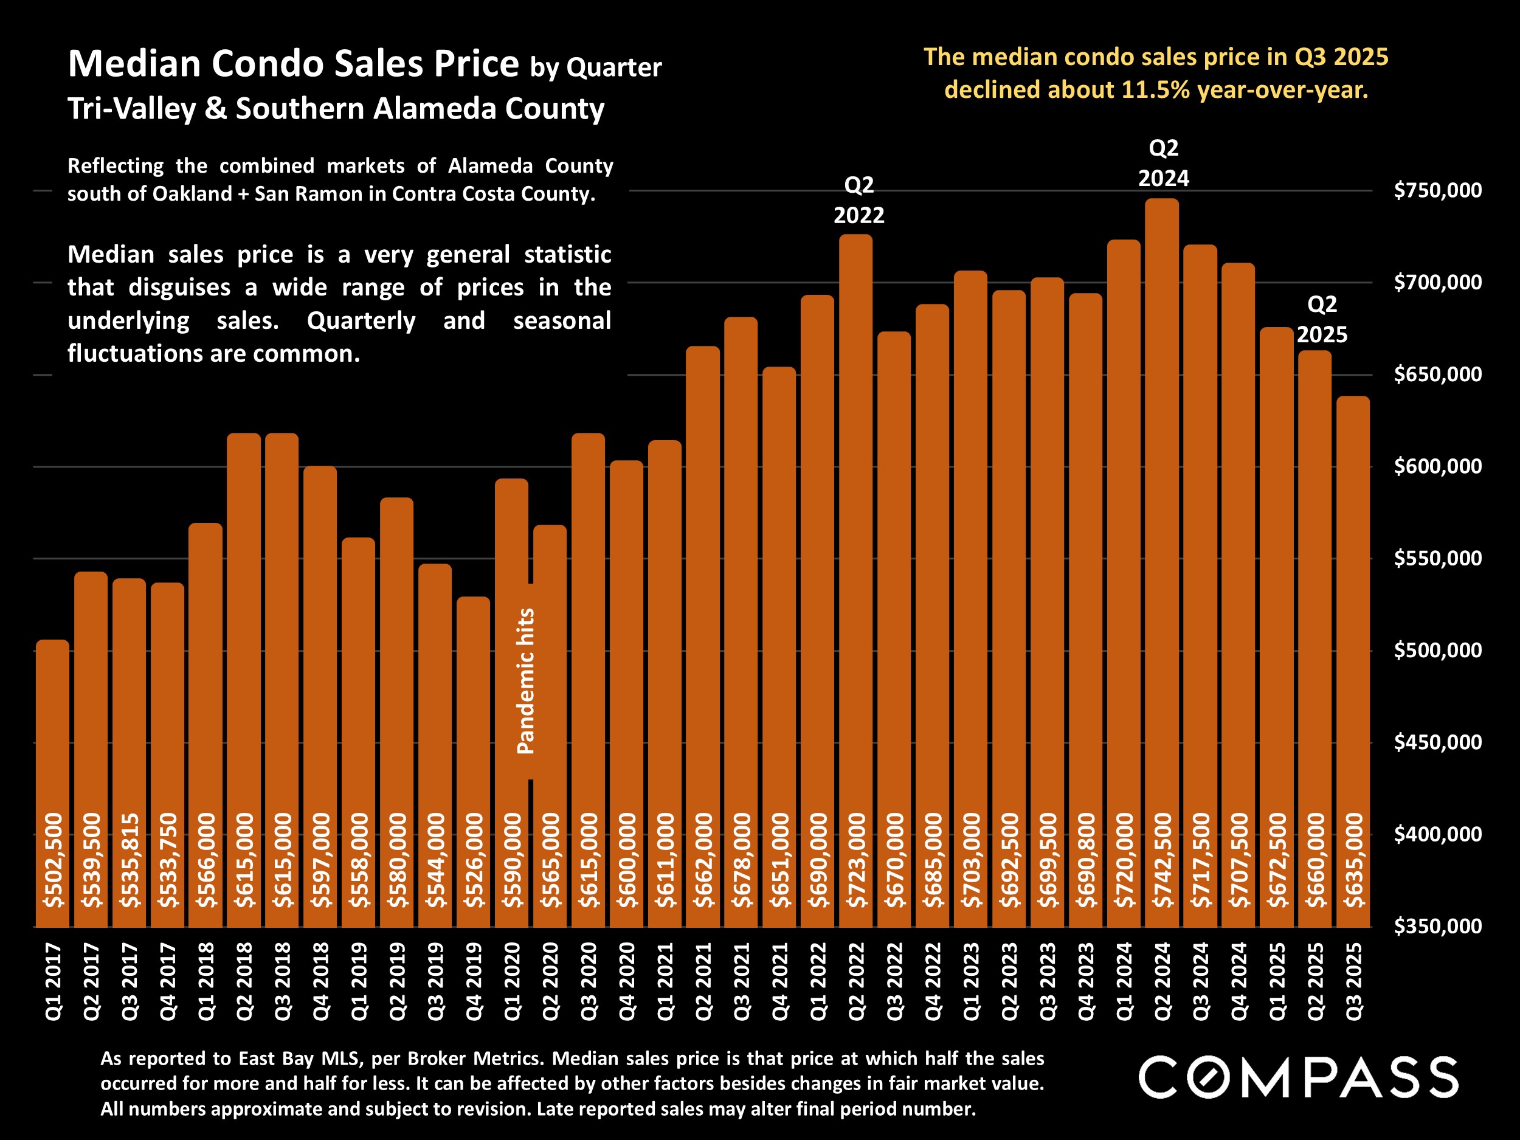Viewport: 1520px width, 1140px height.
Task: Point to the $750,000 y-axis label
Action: tap(1437, 190)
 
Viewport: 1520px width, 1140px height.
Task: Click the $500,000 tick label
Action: tap(1437, 650)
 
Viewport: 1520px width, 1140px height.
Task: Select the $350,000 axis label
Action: tap(1437, 927)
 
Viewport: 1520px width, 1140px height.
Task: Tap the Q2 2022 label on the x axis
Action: tap(856, 981)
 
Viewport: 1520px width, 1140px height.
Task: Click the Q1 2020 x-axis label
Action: tap(512, 981)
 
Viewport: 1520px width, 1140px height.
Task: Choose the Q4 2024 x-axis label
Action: tap(1238, 981)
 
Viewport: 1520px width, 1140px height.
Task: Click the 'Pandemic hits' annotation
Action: tap(526, 681)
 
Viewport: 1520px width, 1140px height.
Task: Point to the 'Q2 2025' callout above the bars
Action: tap(1321, 320)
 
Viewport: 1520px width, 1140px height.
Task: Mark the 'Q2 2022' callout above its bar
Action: tap(859, 200)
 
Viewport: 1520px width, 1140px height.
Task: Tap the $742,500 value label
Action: tap(1162, 860)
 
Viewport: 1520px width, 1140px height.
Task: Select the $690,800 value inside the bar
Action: tap(1086, 860)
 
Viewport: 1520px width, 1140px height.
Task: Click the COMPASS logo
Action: tap(1298, 1077)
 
